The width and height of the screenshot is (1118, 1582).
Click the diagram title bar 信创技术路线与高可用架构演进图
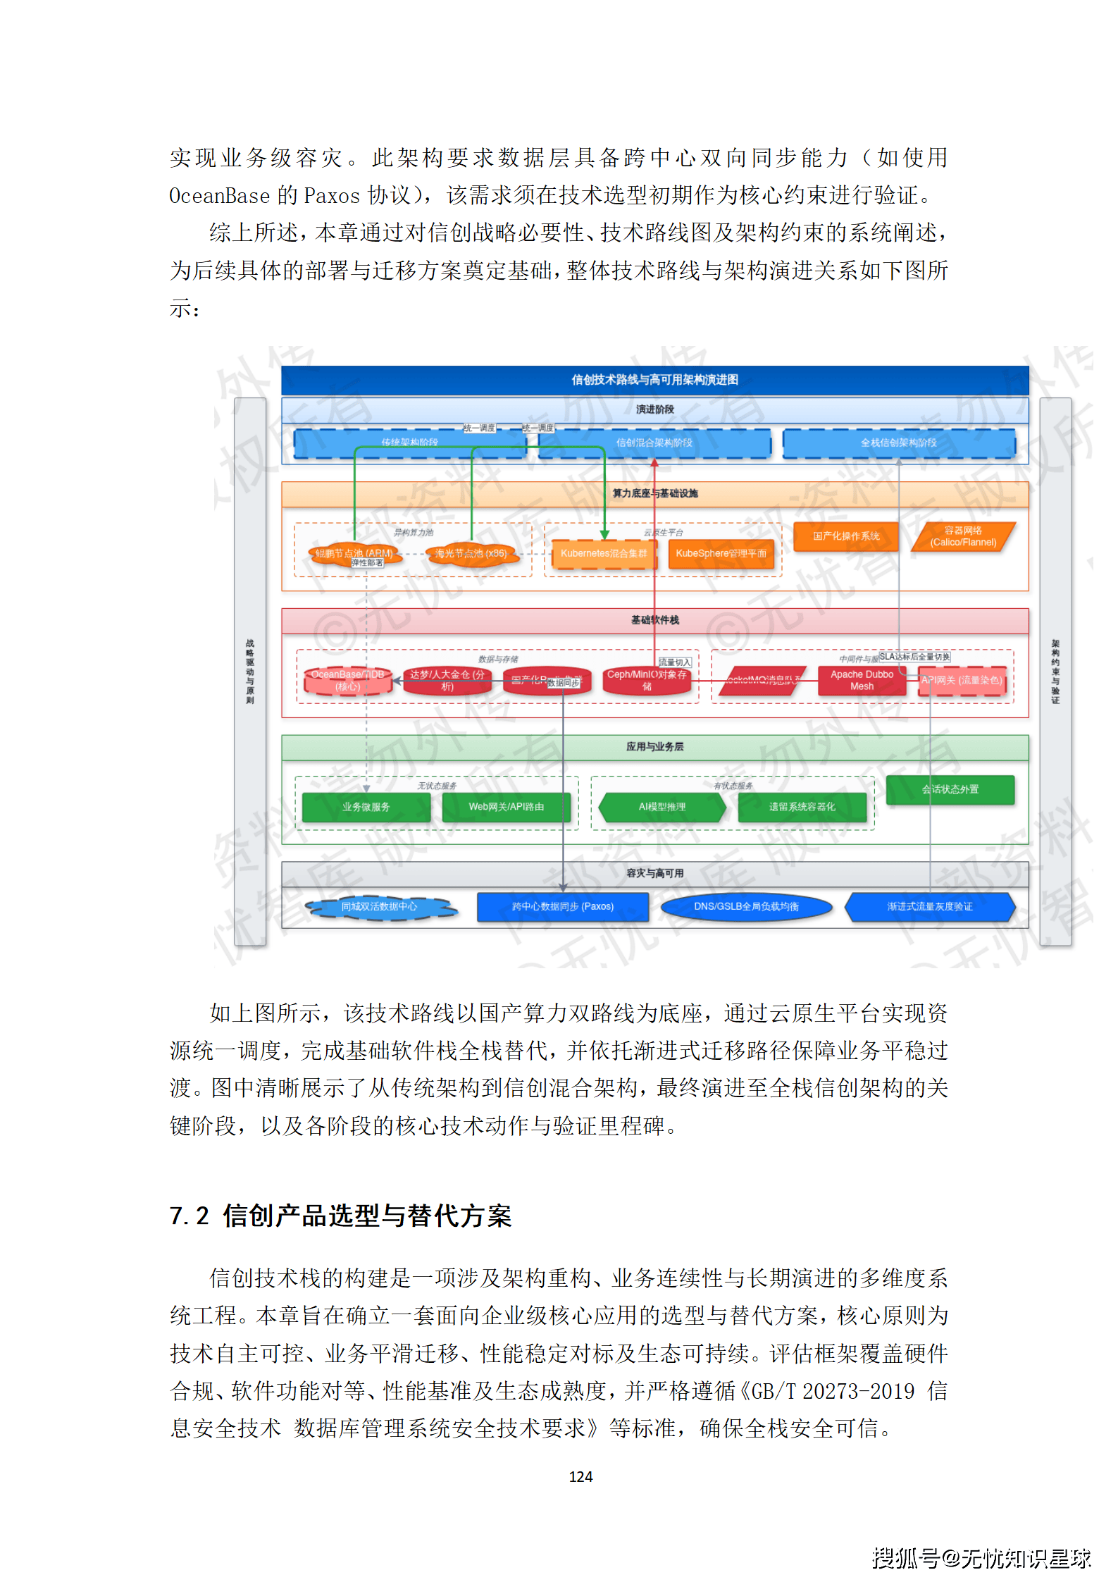(x=654, y=380)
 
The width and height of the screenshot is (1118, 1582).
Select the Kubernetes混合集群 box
(x=603, y=554)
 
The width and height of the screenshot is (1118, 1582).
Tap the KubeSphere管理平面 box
(x=721, y=554)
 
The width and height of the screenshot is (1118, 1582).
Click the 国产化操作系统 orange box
(x=846, y=536)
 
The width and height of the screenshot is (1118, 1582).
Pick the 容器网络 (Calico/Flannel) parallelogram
(x=963, y=536)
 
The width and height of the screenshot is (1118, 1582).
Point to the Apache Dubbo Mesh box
(x=862, y=680)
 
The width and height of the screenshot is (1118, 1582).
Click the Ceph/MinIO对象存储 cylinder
(x=647, y=680)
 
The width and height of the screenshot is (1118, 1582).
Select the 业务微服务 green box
(x=366, y=807)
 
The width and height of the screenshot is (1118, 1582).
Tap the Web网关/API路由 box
(x=506, y=807)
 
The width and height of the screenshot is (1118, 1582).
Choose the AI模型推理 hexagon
(x=662, y=807)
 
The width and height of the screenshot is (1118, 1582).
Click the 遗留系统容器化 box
(x=802, y=807)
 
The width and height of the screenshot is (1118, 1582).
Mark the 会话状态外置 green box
(x=950, y=789)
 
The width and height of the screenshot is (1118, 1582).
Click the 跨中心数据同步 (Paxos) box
(x=562, y=907)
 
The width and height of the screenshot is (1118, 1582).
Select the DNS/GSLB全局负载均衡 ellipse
(x=746, y=907)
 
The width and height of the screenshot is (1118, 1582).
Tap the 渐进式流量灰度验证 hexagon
(x=929, y=907)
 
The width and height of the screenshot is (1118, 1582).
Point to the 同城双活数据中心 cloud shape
(x=379, y=907)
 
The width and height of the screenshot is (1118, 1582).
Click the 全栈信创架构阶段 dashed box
(x=898, y=443)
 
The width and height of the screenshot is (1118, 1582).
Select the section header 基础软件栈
(x=654, y=620)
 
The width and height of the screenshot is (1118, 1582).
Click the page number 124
(x=580, y=1476)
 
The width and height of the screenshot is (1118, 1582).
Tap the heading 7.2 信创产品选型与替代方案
(x=340, y=1216)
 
